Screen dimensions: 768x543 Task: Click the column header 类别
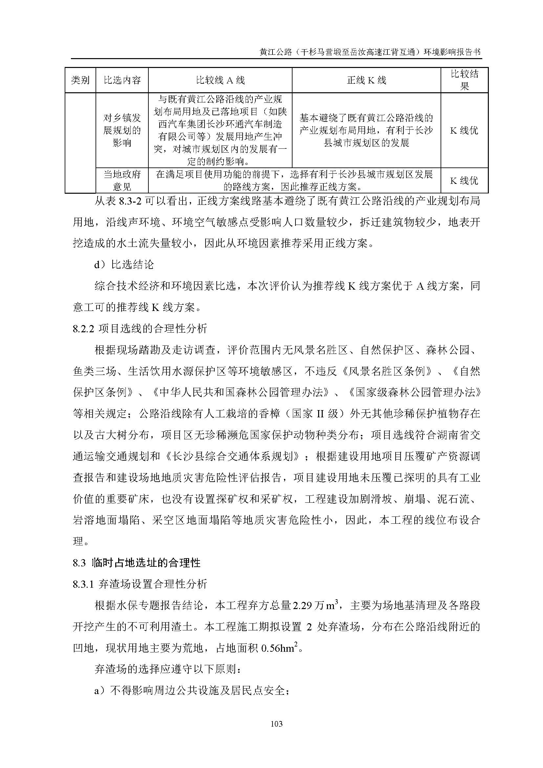tap(80, 80)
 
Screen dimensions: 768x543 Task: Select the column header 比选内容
tap(122, 80)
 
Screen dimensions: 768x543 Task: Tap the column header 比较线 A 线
tap(220, 80)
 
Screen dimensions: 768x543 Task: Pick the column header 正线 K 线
tap(366, 80)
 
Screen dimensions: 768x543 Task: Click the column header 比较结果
tap(465, 80)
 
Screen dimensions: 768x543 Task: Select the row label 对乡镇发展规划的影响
tap(122, 130)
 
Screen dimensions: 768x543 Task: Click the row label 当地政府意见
tap(122, 181)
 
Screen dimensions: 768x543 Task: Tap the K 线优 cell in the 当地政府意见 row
tap(465, 181)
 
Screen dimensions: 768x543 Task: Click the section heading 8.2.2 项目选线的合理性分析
tap(140, 329)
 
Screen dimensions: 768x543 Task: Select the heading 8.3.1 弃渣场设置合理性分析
tap(140, 584)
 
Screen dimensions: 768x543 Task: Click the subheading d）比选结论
tap(124, 265)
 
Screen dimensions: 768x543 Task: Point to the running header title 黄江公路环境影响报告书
tap(370, 52)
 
